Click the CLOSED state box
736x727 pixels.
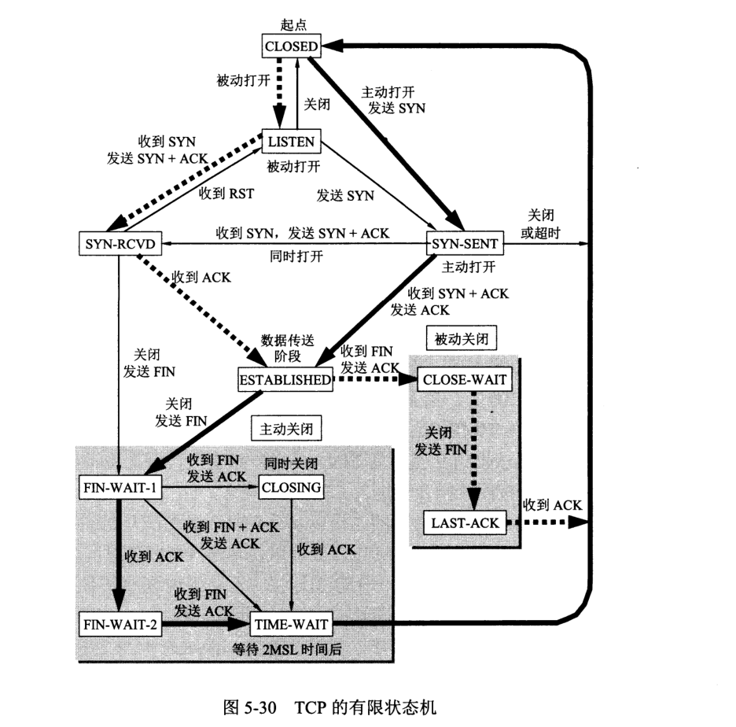tap(291, 46)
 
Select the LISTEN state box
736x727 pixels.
tap(291, 142)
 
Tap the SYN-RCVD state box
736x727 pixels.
tap(120, 244)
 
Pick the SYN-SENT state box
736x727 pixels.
tap(463, 244)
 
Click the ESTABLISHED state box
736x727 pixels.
tap(285, 379)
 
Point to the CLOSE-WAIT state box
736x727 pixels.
tap(466, 379)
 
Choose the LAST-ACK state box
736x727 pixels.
tap(465, 522)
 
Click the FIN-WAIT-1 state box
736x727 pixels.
tap(120, 487)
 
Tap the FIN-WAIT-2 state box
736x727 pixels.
tap(120, 625)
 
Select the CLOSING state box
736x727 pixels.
tap(291, 487)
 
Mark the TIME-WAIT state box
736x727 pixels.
tap(292, 625)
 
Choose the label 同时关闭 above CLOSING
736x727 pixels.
tap(291, 463)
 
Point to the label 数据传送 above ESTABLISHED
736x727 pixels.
tap(288, 340)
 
